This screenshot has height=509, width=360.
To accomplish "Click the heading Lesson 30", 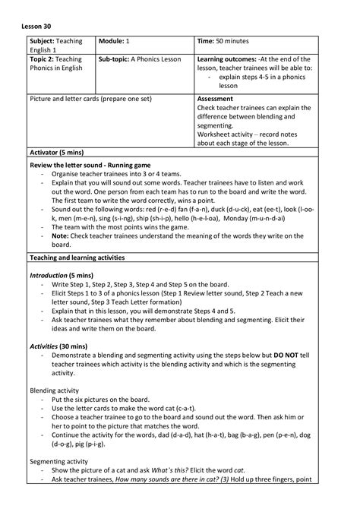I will [37, 21].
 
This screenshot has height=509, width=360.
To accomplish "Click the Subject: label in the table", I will [45, 40].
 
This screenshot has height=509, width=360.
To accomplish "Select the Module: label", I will [114, 40].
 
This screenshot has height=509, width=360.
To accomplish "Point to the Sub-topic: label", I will [113, 58].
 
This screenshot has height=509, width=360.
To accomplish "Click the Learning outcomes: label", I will [226, 58].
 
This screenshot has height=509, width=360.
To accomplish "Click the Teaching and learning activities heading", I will [77, 258].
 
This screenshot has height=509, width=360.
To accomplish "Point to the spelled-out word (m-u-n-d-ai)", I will [248, 218].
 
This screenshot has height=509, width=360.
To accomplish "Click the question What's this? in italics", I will [169, 470].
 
